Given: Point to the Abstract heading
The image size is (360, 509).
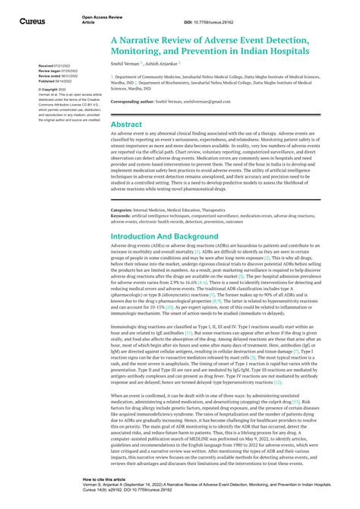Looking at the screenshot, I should tap(127, 124).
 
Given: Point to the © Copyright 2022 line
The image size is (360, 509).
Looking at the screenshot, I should tap(53, 89).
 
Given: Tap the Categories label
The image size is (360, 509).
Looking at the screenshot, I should tap(124, 209).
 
